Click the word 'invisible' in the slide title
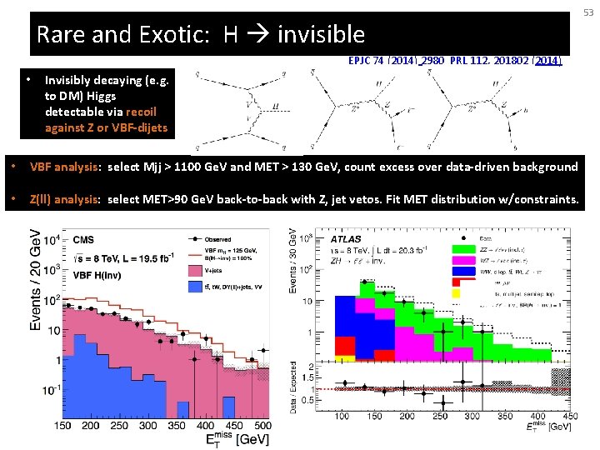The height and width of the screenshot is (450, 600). [321, 34]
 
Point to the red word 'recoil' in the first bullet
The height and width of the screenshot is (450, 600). [139, 112]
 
